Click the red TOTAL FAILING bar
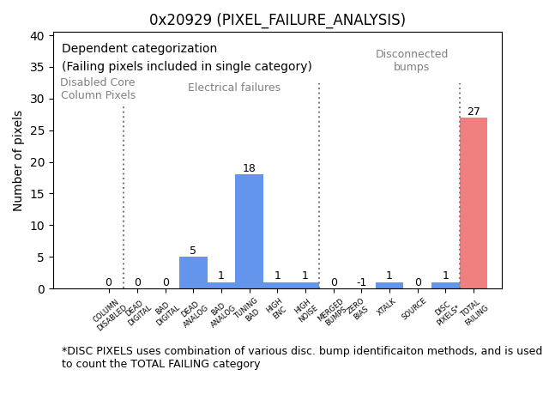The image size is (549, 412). (x=473, y=203)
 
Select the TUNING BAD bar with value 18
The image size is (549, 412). (x=249, y=232)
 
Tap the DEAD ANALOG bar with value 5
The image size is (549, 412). (x=193, y=273)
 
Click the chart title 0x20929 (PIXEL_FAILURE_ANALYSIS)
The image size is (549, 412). (x=277, y=20)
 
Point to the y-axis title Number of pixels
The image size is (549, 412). (x=18, y=161)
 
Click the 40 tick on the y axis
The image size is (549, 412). (x=37, y=36)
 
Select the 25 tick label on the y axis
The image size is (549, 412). (x=37, y=130)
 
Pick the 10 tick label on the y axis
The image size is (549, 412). (x=37, y=226)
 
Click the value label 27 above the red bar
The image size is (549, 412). (x=474, y=112)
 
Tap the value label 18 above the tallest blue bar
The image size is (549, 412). (x=249, y=168)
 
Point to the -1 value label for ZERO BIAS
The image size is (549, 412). (x=361, y=282)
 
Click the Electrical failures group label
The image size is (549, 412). (x=234, y=88)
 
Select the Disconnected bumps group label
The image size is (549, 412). (x=412, y=61)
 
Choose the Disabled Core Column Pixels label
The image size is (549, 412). (x=98, y=89)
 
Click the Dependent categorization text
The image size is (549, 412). (x=139, y=49)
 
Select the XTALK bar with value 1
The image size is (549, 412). (x=389, y=285)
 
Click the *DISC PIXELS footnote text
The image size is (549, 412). (x=301, y=357)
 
